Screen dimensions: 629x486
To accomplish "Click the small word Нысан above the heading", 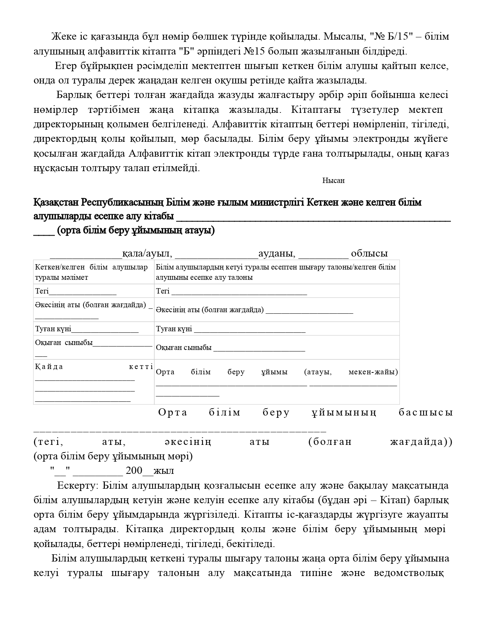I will [333, 181].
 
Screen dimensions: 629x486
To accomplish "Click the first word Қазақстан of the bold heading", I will [56, 202].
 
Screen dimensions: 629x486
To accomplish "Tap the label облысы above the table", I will [369, 254].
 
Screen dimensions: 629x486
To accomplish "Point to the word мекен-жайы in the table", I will [373, 372].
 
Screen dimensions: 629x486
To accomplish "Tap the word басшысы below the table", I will [426, 412].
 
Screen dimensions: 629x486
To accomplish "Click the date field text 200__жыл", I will [150, 471].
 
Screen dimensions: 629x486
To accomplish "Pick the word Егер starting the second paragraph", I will [66, 66].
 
